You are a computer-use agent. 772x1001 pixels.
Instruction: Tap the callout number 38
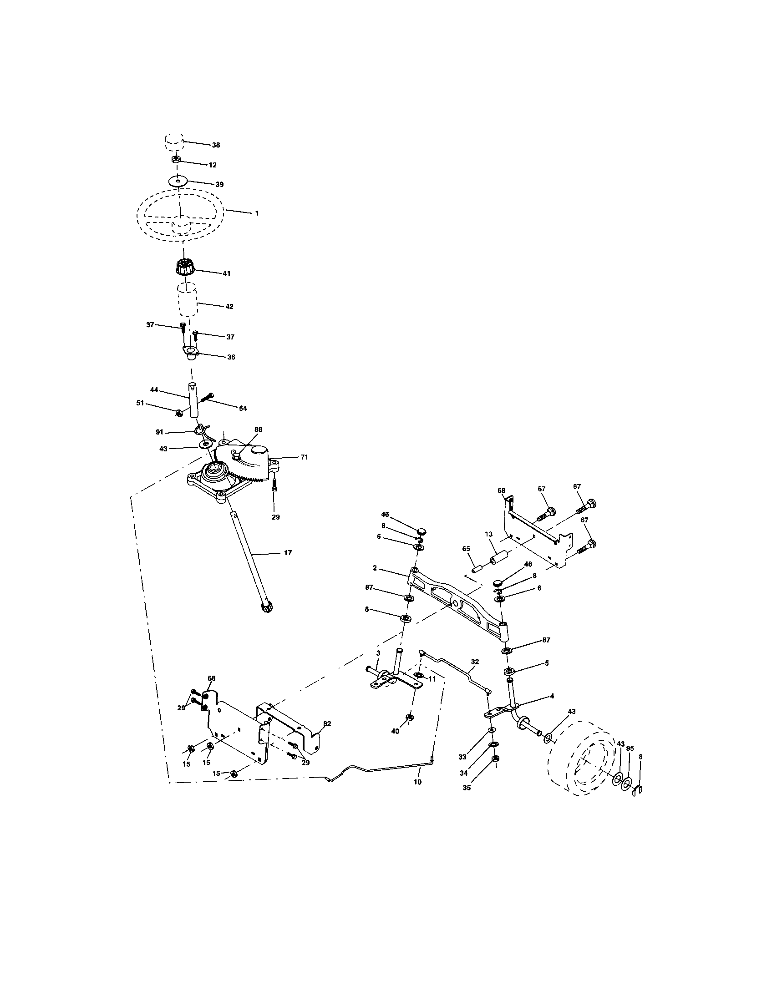tap(215, 145)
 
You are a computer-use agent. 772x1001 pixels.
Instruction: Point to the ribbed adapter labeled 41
tap(186, 266)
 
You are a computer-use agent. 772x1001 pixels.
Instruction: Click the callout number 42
tap(229, 307)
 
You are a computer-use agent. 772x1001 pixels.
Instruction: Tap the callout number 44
tap(154, 389)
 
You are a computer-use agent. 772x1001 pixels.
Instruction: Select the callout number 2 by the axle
tap(375, 568)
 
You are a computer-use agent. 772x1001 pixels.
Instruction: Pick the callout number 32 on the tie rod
tap(475, 662)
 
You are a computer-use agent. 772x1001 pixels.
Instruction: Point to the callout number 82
tap(327, 724)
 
